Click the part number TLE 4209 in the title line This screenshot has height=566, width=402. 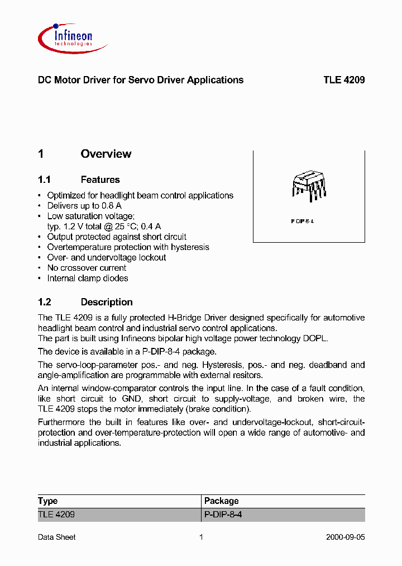344,80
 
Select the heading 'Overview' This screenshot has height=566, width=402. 106,154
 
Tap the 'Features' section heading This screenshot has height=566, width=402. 100,180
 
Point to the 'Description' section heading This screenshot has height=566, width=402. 107,302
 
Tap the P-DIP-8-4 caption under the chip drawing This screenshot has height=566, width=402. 303,221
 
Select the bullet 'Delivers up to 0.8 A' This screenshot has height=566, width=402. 84,206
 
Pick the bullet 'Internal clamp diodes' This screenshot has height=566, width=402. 88,278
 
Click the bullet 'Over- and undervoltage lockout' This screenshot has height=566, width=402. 107,257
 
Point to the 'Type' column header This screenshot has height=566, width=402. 48,501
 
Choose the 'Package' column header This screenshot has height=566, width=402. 221,501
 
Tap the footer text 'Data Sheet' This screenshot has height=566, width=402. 56,537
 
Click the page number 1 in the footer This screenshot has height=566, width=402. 201,537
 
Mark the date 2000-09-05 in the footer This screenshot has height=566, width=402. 345,537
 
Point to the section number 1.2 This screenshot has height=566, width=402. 45,302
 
